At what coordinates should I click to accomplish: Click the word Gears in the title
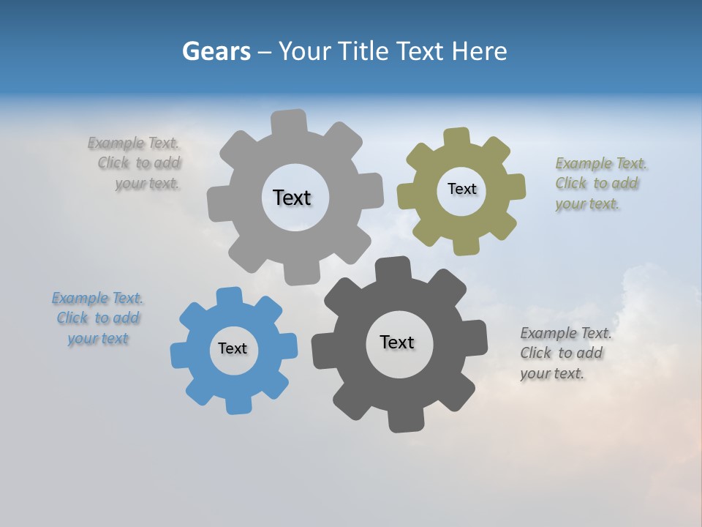[216, 51]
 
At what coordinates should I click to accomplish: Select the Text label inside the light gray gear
[292, 198]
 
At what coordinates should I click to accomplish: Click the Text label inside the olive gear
[461, 189]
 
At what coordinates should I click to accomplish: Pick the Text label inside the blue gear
[233, 348]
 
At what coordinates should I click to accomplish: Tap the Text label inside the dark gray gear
[397, 342]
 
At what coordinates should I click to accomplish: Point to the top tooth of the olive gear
[457, 138]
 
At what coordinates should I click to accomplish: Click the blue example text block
[97, 318]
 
